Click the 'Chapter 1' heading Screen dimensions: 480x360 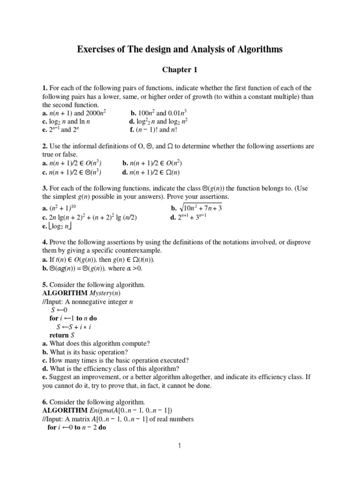pyautogui.click(x=180, y=70)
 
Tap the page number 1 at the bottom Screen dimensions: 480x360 pyautogui.click(x=180, y=446)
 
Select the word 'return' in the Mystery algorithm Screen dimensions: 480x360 pyautogui.click(x=60, y=335)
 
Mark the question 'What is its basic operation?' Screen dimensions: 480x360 pyautogui.click(x=84, y=352)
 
